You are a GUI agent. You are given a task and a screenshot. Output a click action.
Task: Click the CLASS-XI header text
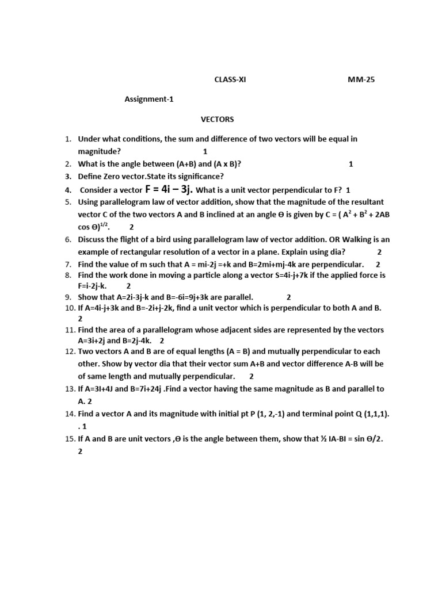coord(230,80)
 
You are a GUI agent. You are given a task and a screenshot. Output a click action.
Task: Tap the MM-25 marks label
coord(360,80)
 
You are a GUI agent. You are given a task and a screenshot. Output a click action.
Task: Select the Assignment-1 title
coord(149,99)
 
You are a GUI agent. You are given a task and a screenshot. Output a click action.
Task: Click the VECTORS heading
coord(217,119)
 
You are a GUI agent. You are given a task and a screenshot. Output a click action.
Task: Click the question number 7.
coord(67,264)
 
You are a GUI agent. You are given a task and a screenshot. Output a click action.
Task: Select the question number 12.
coord(67,351)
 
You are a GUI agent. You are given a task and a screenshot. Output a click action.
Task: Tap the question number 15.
coord(67,439)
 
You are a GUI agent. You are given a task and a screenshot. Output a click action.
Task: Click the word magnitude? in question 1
coord(100,151)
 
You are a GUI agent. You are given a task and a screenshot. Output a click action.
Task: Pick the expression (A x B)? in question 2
coord(220,164)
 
